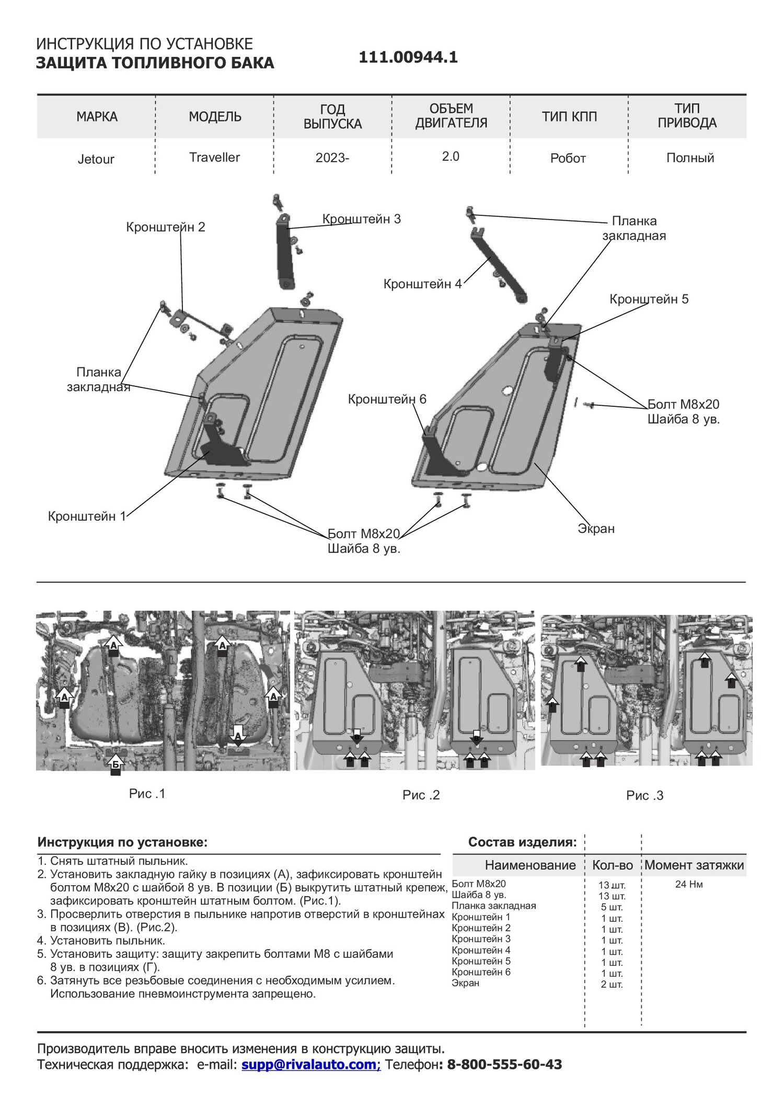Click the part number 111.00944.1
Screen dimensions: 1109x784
[408, 58]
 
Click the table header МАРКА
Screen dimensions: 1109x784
[97, 117]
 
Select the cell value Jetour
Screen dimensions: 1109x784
[96, 159]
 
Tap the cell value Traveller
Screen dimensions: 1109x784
[214, 157]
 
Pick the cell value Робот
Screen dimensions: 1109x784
[568, 158]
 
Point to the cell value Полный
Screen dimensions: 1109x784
[690, 158]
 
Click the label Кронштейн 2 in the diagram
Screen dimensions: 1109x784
[166, 227]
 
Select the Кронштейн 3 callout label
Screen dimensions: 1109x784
[362, 219]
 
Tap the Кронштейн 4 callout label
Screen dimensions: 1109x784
[423, 284]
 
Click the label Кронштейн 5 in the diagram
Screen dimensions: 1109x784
[649, 299]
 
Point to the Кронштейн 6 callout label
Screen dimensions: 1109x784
[387, 399]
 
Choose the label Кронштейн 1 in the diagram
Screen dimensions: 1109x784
[87, 516]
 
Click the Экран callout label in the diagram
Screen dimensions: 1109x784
[596, 529]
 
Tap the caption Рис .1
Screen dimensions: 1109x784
[147, 793]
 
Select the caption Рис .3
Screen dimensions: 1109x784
[645, 795]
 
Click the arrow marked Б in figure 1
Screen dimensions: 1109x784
[116, 763]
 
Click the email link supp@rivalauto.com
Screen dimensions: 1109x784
[310, 1064]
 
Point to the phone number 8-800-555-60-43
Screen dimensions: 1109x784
[504, 1064]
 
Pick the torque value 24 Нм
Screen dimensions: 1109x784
[689, 885]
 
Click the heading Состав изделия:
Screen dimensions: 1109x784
[523, 842]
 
